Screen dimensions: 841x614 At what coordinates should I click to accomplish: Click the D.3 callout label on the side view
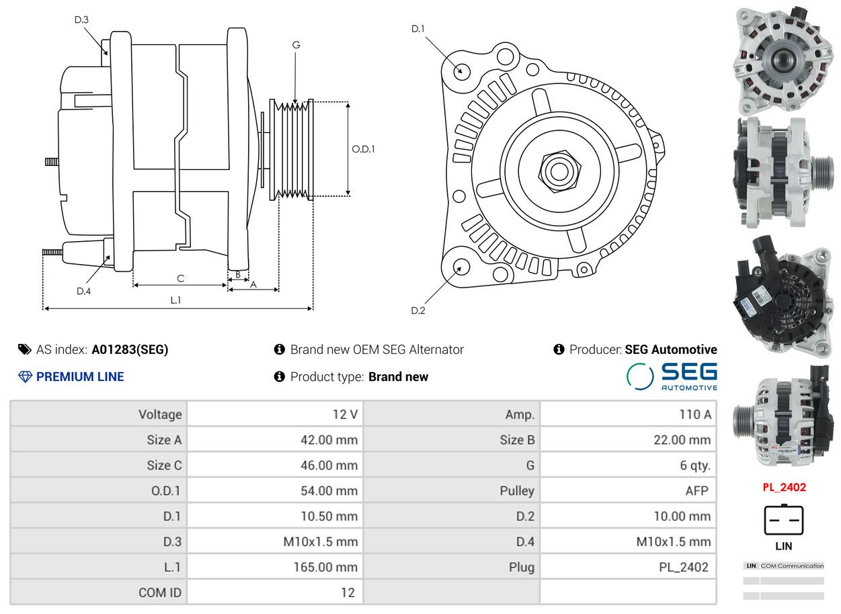81,19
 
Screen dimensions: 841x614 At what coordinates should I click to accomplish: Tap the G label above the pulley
296,45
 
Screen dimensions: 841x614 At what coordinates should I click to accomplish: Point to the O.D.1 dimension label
363,149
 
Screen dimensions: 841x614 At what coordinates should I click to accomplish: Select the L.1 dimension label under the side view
175,300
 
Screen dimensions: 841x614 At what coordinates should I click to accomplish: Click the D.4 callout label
84,291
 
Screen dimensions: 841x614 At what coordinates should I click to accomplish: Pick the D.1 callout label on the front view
418,29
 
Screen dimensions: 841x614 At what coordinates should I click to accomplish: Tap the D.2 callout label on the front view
418,310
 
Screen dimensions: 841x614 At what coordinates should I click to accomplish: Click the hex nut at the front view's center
559,171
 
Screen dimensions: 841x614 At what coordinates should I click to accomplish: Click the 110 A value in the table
695,414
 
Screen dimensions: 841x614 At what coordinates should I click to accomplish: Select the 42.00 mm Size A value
329,440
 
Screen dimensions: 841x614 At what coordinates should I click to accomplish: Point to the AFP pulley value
697,491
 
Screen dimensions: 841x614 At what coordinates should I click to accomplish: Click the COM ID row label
160,593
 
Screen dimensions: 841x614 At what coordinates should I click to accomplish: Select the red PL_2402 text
785,488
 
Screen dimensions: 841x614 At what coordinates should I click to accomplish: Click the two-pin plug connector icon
784,520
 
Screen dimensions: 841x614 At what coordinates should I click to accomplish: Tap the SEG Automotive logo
672,377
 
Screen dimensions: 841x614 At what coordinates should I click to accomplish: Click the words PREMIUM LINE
80,377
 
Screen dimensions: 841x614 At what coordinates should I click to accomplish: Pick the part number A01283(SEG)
130,350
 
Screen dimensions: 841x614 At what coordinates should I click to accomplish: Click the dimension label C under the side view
181,279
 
